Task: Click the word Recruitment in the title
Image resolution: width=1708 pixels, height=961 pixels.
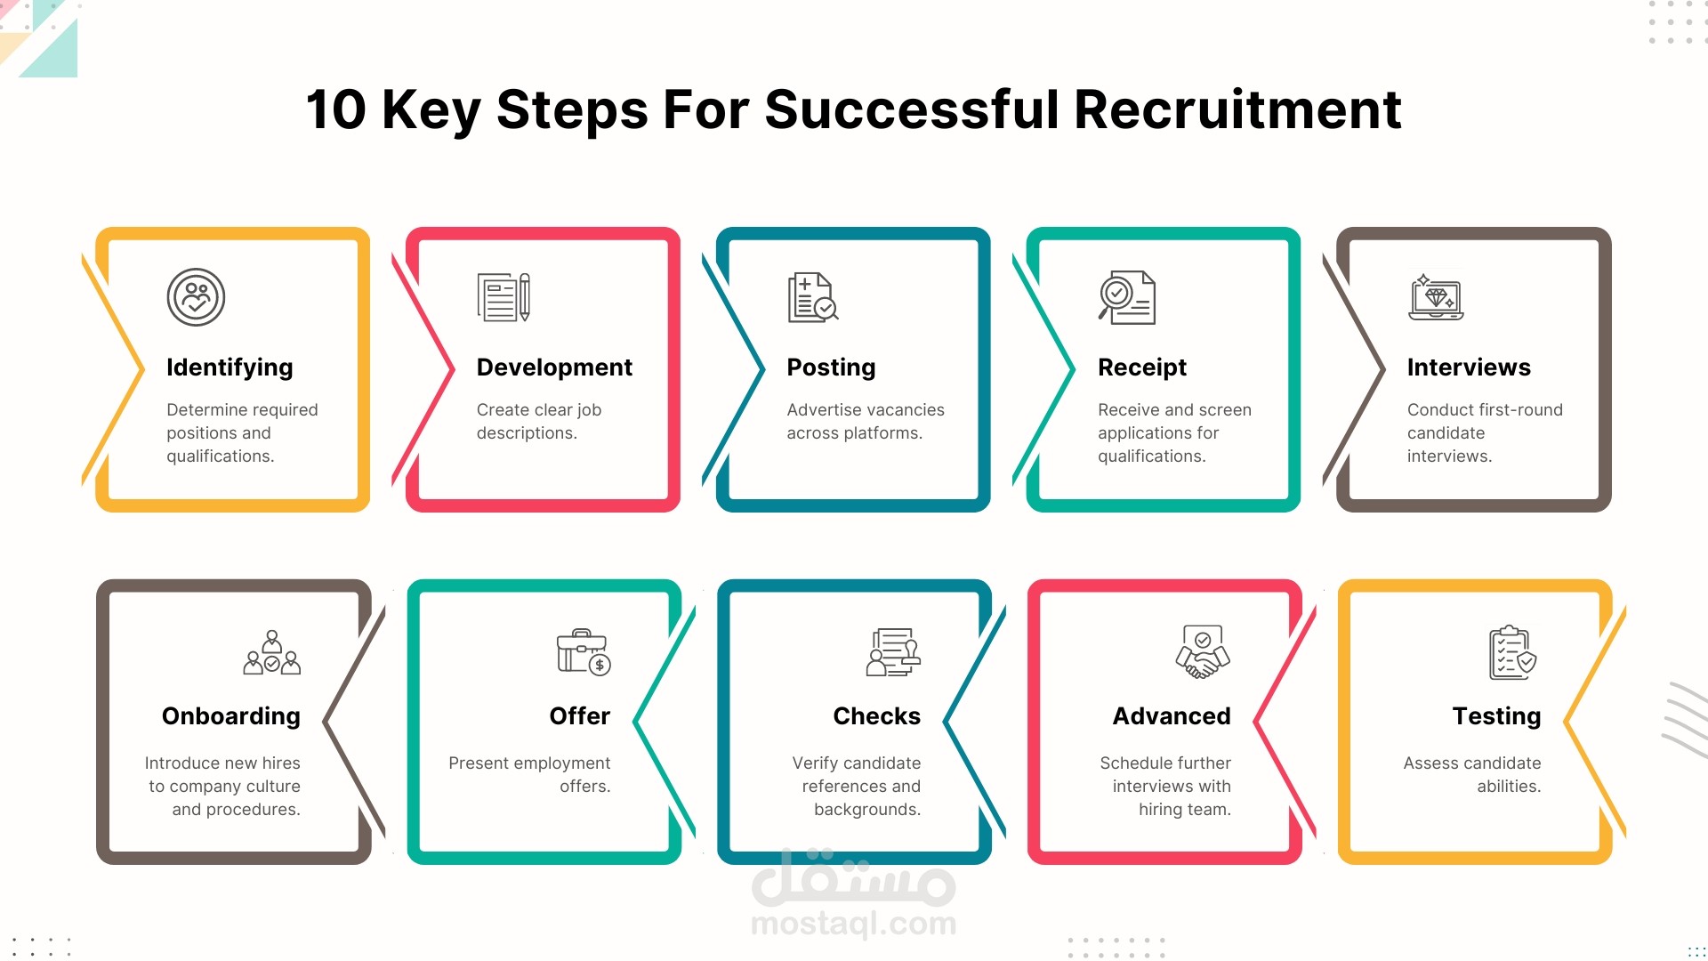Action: (x=1237, y=109)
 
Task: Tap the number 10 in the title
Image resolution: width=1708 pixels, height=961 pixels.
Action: (x=335, y=109)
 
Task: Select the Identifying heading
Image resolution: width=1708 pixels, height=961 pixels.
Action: (x=230, y=367)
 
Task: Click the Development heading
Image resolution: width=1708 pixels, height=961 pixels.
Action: (x=554, y=367)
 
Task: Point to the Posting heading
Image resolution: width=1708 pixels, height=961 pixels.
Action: (x=831, y=367)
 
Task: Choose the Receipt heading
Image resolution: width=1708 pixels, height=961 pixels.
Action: (x=1141, y=367)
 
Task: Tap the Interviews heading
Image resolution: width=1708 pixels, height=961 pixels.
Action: (x=1469, y=367)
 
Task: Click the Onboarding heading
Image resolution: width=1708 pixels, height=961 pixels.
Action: (x=231, y=716)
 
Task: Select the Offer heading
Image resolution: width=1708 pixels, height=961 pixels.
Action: (x=580, y=716)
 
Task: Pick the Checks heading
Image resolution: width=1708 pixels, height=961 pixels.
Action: (x=876, y=716)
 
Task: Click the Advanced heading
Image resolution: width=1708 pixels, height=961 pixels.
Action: (x=1172, y=716)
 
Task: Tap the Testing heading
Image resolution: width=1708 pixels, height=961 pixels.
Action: (x=1496, y=716)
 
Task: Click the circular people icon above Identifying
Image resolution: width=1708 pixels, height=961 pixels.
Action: (x=196, y=297)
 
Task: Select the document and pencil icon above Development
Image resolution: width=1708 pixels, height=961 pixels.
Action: (x=504, y=297)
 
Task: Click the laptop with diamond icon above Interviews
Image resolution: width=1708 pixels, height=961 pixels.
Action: (x=1436, y=297)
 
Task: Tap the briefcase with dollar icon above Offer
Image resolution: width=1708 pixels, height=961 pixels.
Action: (x=584, y=652)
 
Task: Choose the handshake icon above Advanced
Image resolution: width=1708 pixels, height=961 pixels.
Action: (x=1203, y=652)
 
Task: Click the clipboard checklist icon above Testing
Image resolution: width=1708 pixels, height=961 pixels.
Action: (x=1512, y=652)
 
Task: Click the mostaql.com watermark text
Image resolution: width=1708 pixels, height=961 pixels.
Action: (x=853, y=924)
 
